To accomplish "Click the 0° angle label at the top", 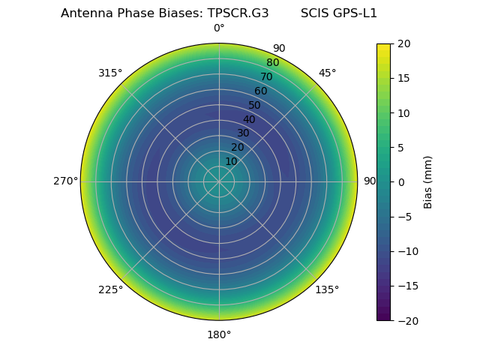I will point(219,28).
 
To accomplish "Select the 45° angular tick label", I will point(327,73).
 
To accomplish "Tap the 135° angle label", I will point(327,289).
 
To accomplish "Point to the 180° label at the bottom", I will point(219,334).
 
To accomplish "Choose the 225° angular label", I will point(110,289).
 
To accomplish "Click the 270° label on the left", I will point(65,181).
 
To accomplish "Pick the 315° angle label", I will point(110,73).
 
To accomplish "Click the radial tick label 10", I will point(231,161).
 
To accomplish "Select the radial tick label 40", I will point(249,119).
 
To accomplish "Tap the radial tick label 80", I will point(272,62).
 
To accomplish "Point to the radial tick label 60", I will point(260,91).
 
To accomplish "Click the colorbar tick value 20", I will point(403,43).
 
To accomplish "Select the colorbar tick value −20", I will point(406,320).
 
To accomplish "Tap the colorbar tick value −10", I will point(406,251).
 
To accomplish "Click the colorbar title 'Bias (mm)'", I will point(428,182).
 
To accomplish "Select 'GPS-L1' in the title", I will point(357,13).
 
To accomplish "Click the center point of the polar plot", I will point(219,181).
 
